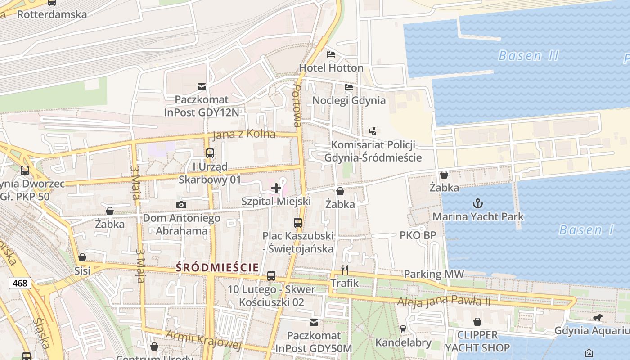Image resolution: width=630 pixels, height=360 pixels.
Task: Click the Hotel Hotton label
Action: (331, 68)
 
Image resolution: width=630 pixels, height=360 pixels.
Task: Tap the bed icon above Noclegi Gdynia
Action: (349, 87)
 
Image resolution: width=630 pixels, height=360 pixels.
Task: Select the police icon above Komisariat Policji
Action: (373, 131)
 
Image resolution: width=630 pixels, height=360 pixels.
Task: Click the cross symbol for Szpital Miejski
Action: (276, 188)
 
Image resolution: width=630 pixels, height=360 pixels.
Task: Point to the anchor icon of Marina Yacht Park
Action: (478, 203)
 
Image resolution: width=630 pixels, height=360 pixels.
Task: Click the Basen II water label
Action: (528, 56)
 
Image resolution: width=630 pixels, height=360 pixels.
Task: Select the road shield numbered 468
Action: (19, 283)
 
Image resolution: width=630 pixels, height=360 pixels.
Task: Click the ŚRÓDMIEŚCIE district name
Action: (217, 267)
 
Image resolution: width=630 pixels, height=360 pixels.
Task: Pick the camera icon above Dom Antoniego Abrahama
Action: (181, 205)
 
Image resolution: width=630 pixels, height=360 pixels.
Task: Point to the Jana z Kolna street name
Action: (243, 134)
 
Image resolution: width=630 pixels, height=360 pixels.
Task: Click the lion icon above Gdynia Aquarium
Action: (597, 318)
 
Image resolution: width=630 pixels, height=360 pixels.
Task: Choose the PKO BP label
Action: (418, 235)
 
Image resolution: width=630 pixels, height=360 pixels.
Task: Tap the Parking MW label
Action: (434, 274)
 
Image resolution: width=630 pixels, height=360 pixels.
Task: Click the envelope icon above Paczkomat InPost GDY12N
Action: (202, 87)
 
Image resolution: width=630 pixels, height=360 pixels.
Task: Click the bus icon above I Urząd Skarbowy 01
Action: (210, 153)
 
